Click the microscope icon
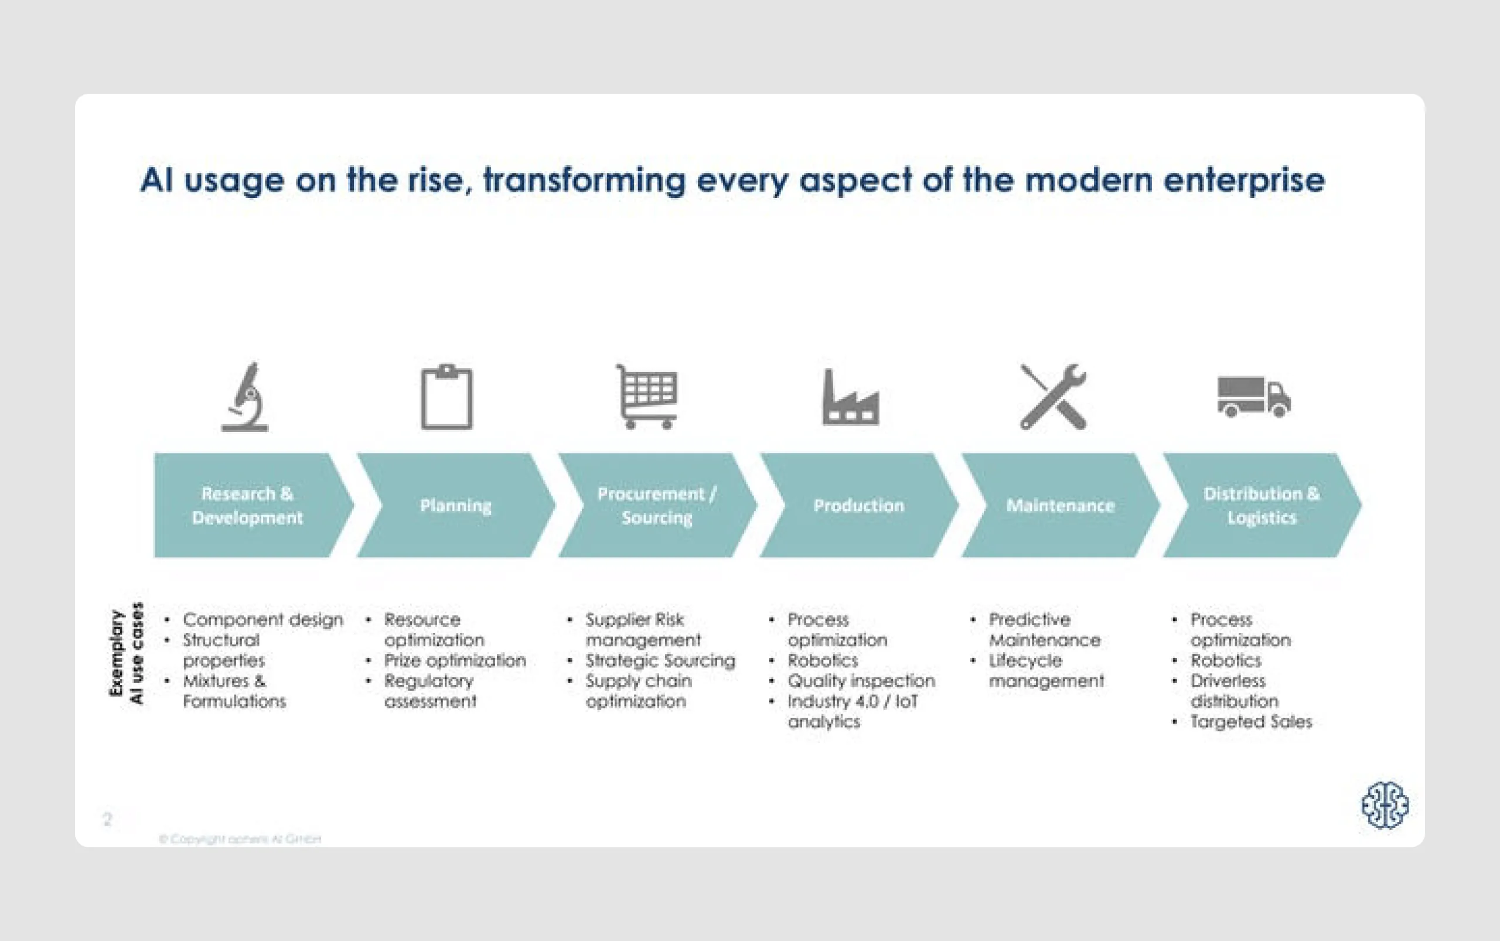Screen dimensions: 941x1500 [x=246, y=397]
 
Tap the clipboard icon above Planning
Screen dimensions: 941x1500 [x=446, y=398]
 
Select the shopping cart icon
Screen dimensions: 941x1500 [x=647, y=397]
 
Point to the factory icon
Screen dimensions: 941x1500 [x=850, y=398]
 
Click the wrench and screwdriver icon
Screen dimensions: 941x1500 [x=1053, y=397]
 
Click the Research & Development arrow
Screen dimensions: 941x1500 [x=248, y=505]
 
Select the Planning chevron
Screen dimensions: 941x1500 [x=456, y=505]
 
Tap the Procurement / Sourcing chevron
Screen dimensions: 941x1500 [x=657, y=505]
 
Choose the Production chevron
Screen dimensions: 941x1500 [x=858, y=505]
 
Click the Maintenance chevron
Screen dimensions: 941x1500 [x=1060, y=505]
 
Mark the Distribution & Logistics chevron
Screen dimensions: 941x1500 [x=1261, y=505]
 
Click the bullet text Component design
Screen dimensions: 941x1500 [x=262, y=620]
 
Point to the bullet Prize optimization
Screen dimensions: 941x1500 [x=455, y=660]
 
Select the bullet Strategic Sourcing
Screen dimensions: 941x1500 [x=660, y=660]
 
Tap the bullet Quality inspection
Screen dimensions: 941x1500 [x=861, y=681]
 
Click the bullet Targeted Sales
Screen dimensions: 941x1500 [x=1251, y=722]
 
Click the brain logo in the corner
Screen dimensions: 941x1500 [x=1385, y=805]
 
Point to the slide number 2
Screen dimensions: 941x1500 [x=107, y=819]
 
